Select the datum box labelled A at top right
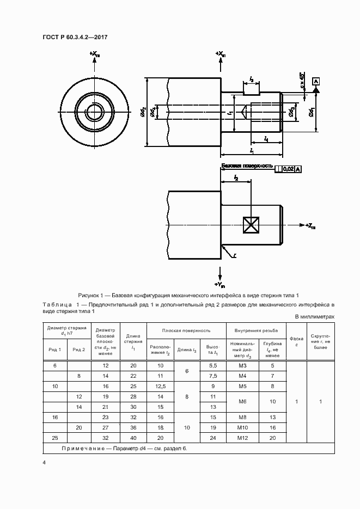[x=316, y=81]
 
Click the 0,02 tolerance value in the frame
[x=289, y=169]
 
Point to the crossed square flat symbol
[x=252, y=225]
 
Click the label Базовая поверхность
[x=246, y=165]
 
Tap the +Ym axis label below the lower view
[x=221, y=284]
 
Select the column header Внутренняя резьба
[x=256, y=330]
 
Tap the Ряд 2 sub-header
[x=79, y=349]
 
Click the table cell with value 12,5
[x=160, y=386]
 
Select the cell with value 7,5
[x=213, y=376]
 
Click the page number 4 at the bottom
[x=44, y=462]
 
